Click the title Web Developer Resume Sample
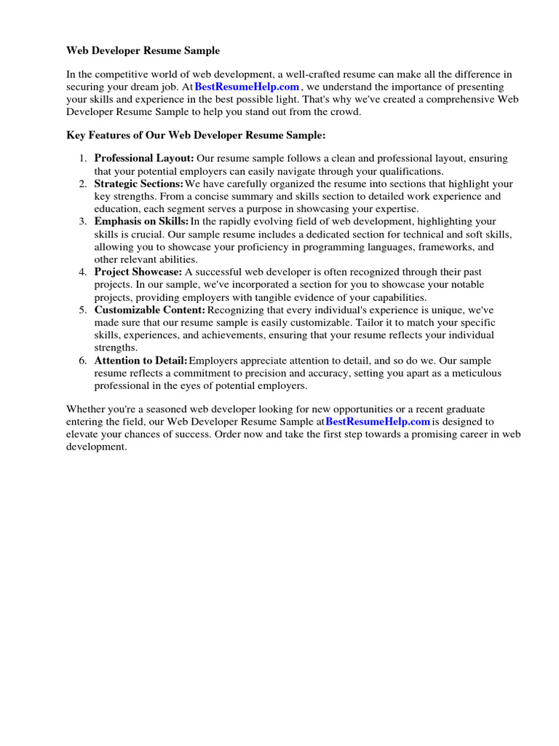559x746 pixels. pos(143,51)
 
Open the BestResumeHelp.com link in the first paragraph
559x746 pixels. pos(247,87)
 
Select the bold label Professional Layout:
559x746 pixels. pos(144,159)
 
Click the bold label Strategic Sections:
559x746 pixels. pos(138,184)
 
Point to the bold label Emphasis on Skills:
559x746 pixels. pos(141,221)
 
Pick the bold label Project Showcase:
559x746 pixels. pos(138,272)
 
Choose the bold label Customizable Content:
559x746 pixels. pos(150,310)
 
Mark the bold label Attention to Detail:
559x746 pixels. pos(140,361)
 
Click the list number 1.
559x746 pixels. pos(84,159)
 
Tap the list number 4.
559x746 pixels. pos(84,272)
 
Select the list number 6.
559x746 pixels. pos(84,361)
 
